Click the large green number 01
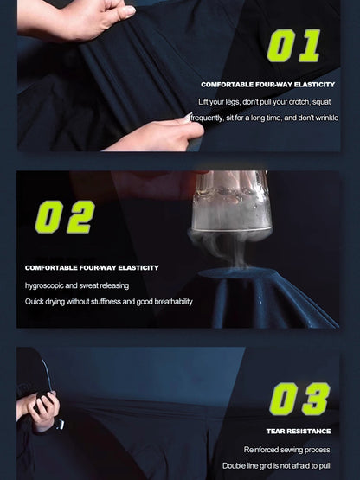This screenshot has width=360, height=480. (x=293, y=46)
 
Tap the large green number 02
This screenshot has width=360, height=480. (x=65, y=217)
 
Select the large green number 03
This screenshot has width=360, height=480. (x=299, y=399)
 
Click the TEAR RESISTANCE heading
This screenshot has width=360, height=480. (x=299, y=432)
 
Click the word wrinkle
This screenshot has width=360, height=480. (x=326, y=118)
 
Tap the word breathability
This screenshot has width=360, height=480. (x=173, y=302)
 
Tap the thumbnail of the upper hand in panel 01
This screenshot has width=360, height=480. (x=126, y=12)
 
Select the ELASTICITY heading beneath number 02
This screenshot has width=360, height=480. (x=138, y=268)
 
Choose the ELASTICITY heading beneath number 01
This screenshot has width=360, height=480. (x=314, y=85)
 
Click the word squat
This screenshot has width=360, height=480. (x=321, y=102)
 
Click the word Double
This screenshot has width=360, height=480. (x=233, y=466)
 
